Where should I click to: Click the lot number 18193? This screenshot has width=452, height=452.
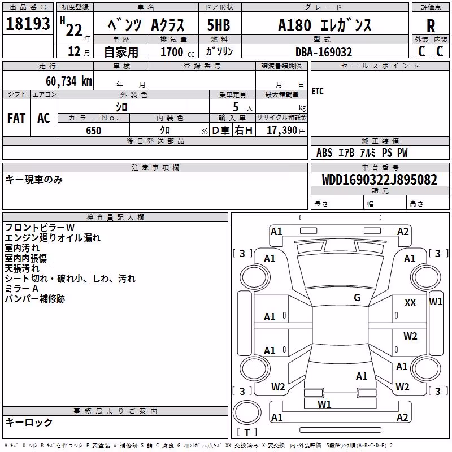pos(28,24)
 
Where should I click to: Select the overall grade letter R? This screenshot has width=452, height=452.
pos(431,26)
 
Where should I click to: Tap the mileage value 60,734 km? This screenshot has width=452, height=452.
pos(69,81)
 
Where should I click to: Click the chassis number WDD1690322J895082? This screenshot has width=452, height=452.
pos(379,180)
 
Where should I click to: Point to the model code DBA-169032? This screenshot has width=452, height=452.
pos(324,52)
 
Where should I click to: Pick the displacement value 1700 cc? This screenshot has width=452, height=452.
pos(177,52)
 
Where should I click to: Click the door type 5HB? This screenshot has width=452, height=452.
pos(219,25)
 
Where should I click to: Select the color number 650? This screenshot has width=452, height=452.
pos(94,131)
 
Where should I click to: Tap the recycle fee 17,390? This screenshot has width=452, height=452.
pos(282,131)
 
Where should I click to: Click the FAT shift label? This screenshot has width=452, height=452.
pos(16,118)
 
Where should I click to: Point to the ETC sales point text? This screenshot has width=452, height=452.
pos(318,92)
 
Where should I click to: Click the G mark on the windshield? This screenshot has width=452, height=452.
pos(357,298)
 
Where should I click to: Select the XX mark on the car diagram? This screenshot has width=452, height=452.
pos(410,303)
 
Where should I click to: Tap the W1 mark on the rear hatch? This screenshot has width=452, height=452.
pos(324,405)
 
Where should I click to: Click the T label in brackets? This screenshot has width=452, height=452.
pos(247,432)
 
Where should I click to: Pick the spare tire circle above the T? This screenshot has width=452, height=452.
pos(247,412)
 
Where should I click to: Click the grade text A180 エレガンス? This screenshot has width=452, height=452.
pos(324,25)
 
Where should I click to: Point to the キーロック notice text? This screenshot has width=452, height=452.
pos(29,423)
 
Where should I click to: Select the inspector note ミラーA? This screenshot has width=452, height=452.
pos(21,289)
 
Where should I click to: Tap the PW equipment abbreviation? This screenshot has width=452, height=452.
pos(402,153)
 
